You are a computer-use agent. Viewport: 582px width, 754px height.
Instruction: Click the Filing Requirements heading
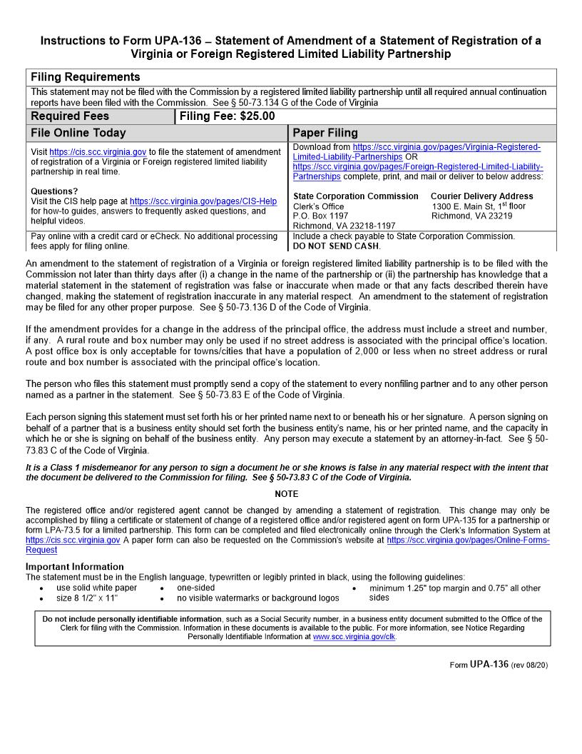coord(86,77)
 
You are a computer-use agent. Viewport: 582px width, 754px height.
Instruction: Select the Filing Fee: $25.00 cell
coord(227,116)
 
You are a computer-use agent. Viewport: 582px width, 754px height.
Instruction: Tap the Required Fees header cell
coord(71,116)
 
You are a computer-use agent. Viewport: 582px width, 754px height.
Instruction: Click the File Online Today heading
coord(78,133)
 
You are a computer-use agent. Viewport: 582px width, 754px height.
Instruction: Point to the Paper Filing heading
coord(325,133)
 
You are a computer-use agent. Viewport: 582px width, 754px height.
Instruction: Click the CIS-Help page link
coord(203,201)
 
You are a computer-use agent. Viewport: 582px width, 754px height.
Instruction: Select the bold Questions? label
coord(55,191)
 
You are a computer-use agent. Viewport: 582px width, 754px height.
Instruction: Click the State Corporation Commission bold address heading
coord(356,196)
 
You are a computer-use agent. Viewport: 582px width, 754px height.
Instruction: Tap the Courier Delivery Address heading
coord(481,196)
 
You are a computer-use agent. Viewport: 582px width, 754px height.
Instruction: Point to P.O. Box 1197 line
coord(321,216)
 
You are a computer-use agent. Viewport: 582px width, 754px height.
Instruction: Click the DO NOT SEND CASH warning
coord(337,246)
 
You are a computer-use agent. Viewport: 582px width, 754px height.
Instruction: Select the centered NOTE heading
coord(286,494)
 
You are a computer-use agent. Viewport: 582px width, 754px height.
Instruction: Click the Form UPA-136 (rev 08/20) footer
coord(499,665)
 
